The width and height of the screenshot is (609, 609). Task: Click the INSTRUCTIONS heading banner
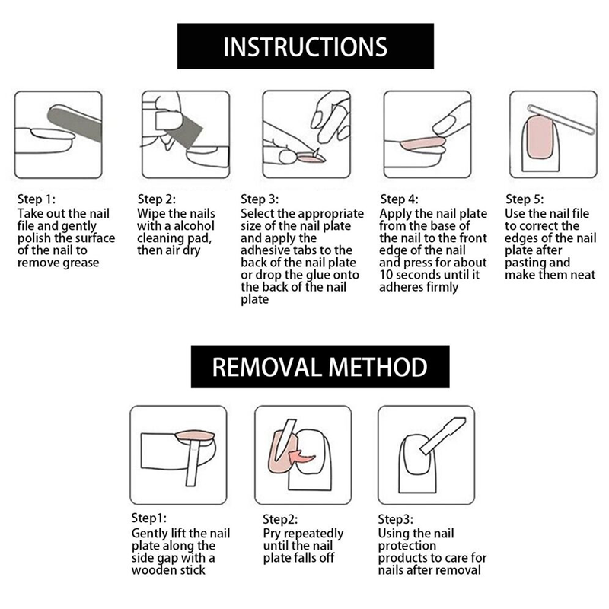pos(305,46)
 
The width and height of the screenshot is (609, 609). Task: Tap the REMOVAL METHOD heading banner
pos(320,366)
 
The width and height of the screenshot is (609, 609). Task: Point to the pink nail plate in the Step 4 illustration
pos(422,143)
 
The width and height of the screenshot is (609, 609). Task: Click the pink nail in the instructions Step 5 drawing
pos(540,137)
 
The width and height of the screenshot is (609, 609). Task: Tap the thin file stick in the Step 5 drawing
pos(561,120)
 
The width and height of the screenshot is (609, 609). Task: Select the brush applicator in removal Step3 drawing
pos(443,435)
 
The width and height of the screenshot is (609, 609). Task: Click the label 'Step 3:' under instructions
pos(260,199)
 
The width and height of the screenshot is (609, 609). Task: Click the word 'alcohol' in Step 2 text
pos(194,225)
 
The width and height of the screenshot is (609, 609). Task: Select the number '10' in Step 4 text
pos(386,275)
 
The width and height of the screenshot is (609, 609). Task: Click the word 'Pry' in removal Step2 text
pos(272,534)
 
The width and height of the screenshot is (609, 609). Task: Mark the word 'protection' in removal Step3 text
pos(407,546)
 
